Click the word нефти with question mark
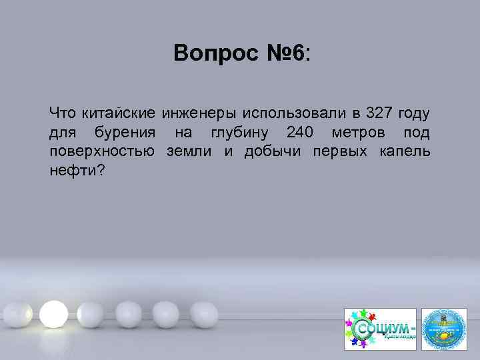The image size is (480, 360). pyautogui.click(x=77, y=171)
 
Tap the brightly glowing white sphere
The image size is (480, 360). pyautogui.click(x=52, y=311)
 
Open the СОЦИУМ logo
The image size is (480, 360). pyautogui.click(x=379, y=329)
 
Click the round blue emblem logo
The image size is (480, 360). pyautogui.click(x=445, y=329)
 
